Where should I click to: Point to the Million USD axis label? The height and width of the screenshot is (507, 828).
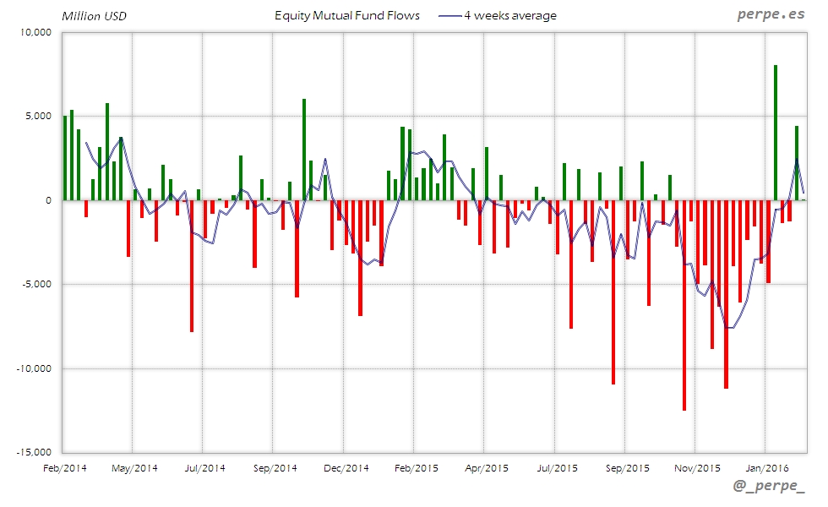[x=94, y=15]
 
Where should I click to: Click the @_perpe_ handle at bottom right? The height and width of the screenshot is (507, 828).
[x=769, y=487]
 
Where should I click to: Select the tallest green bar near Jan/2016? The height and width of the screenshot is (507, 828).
[x=776, y=133]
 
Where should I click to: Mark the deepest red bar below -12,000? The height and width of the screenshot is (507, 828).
[x=684, y=305]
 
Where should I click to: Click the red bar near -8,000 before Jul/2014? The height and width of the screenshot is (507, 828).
[x=192, y=266]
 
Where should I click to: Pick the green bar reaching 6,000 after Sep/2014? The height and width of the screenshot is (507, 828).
[x=304, y=150]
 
